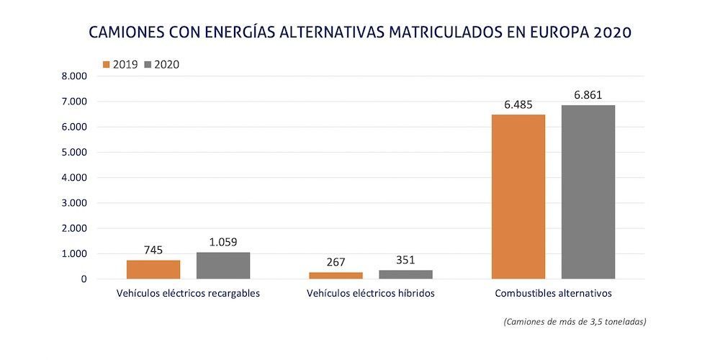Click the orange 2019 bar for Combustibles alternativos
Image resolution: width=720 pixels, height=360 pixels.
[x=518, y=197]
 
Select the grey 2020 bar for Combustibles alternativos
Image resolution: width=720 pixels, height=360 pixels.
[x=588, y=192]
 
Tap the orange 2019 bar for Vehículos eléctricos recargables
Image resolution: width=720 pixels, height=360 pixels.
[x=153, y=269]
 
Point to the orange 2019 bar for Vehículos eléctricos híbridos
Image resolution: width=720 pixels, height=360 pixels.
[x=336, y=275]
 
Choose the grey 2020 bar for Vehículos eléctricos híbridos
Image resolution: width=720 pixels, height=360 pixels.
[x=405, y=274]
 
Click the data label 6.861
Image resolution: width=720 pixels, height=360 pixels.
[x=588, y=94]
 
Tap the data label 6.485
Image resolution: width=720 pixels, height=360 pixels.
[x=518, y=104]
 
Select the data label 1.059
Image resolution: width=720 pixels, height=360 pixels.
[x=223, y=242]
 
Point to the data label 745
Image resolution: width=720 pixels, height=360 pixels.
[x=153, y=250]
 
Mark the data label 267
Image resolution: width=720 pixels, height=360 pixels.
[x=336, y=262]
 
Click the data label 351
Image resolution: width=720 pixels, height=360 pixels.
[x=405, y=260]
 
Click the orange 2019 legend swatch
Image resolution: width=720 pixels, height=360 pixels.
[x=107, y=64]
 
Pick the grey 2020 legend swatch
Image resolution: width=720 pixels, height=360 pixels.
[x=149, y=64]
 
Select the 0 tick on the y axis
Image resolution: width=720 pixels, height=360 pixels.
[x=84, y=279]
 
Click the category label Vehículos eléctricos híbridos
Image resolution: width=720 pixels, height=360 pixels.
[x=370, y=294]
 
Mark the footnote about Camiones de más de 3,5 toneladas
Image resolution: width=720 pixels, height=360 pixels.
[x=575, y=322]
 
